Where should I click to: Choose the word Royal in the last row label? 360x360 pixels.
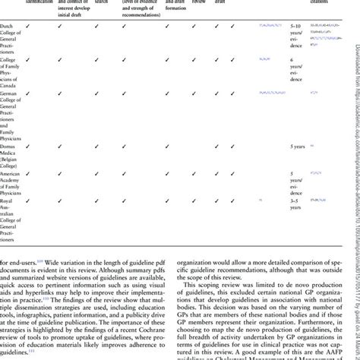tap(10, 201)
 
